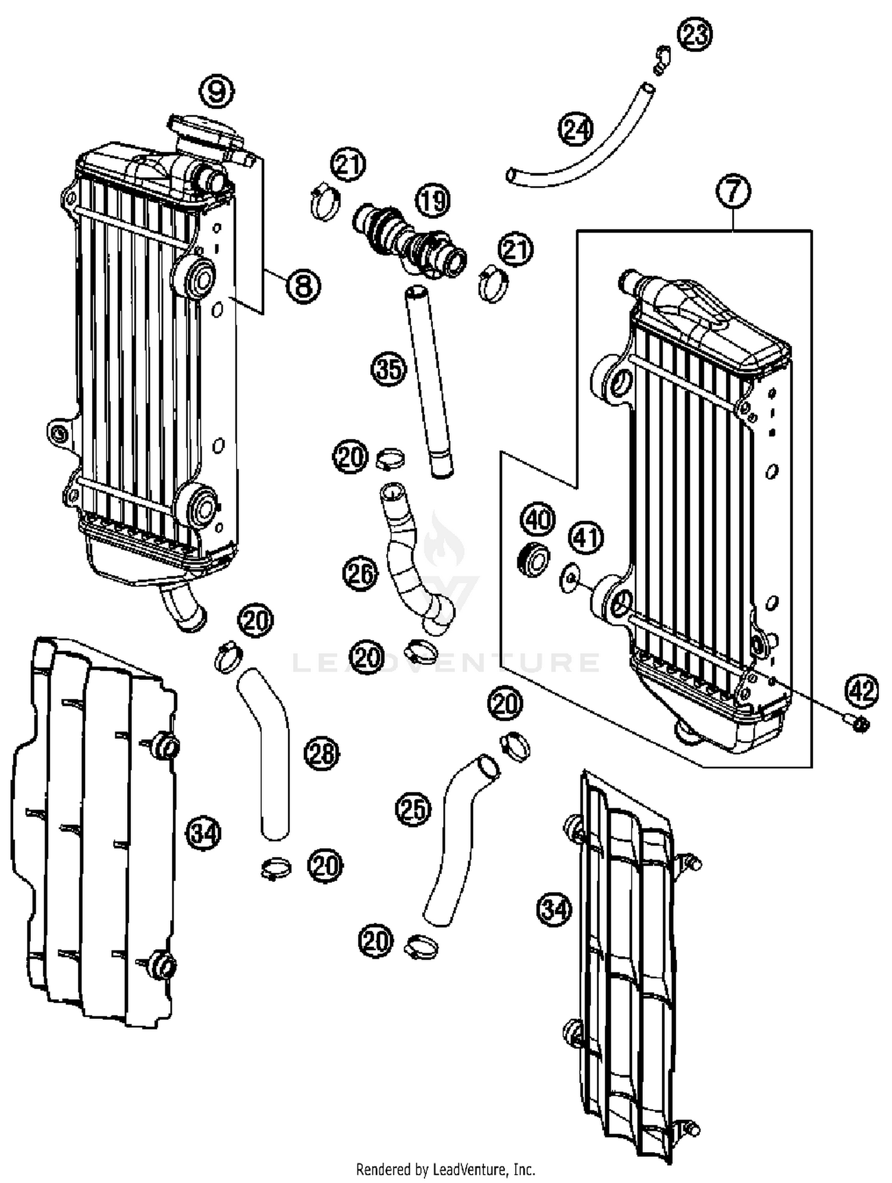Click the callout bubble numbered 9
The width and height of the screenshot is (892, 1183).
point(216,92)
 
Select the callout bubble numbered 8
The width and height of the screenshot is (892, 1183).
point(303,287)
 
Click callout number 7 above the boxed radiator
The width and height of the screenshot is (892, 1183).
point(733,192)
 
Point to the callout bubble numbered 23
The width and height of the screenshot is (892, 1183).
point(696,34)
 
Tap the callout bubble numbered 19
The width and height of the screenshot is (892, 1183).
point(433,200)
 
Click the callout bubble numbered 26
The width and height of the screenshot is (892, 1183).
point(360,574)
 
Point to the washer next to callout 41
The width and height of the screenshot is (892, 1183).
point(570,577)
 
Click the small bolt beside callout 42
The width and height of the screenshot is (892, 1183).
point(859,723)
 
